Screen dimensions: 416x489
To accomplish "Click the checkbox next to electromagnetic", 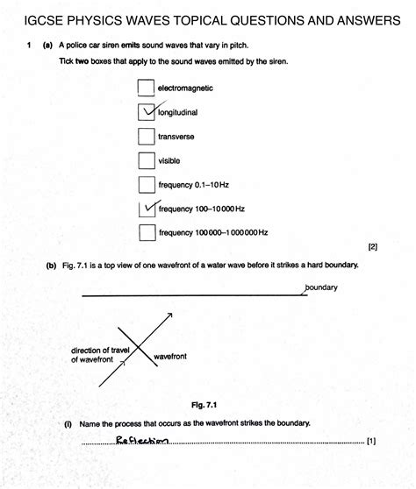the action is [147, 89].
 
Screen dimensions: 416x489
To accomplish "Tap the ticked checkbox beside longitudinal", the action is [147, 112].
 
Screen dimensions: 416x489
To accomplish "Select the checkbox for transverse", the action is [147, 137].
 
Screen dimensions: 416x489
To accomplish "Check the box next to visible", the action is [147, 160].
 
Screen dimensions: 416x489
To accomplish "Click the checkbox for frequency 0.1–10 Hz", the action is [147, 185].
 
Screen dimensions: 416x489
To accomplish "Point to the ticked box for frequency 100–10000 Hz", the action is [147, 209].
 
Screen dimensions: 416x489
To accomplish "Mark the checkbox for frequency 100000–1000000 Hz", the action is [147, 233].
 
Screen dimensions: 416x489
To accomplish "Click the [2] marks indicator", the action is [372, 247].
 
